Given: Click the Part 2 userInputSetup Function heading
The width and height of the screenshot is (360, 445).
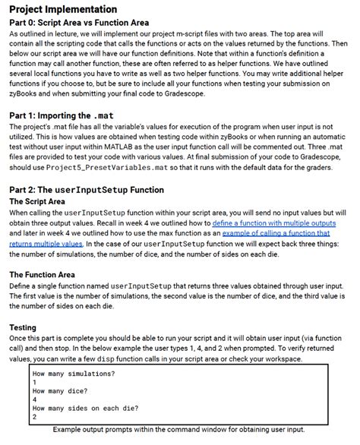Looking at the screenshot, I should click(88, 190).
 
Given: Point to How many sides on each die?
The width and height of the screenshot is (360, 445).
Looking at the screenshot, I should click(85, 408).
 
